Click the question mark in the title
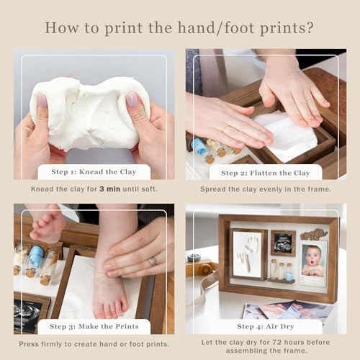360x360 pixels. (310, 28)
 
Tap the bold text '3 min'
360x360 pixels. (109, 189)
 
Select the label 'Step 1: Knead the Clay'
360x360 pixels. (94, 172)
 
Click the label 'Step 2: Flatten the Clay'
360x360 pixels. (266, 173)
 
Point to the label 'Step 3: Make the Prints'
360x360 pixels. (94, 326)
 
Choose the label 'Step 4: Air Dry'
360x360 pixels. (266, 327)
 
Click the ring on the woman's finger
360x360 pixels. (152, 261)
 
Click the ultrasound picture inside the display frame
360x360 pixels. (283, 243)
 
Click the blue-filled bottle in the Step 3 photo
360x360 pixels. (35, 261)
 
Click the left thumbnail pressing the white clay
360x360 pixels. (42, 99)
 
